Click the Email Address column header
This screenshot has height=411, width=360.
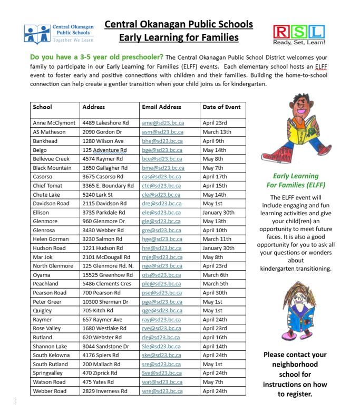[161, 107]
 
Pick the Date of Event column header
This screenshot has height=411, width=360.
[221, 107]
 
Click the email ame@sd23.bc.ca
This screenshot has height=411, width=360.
[162, 123]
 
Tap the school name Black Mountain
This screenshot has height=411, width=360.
[53, 168]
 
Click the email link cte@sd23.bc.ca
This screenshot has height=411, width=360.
[161, 186]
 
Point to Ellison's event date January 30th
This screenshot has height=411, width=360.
[219, 213]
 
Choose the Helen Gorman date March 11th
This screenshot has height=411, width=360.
[217, 240]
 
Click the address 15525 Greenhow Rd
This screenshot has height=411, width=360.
[108, 275]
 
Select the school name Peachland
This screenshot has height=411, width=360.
[45, 284]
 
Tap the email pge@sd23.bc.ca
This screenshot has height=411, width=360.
[162, 302]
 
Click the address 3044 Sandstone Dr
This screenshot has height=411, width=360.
[105, 347]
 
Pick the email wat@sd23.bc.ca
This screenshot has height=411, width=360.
[162, 382]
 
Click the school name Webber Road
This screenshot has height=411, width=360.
[50, 391]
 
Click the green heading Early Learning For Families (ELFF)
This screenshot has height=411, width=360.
[296, 180]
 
